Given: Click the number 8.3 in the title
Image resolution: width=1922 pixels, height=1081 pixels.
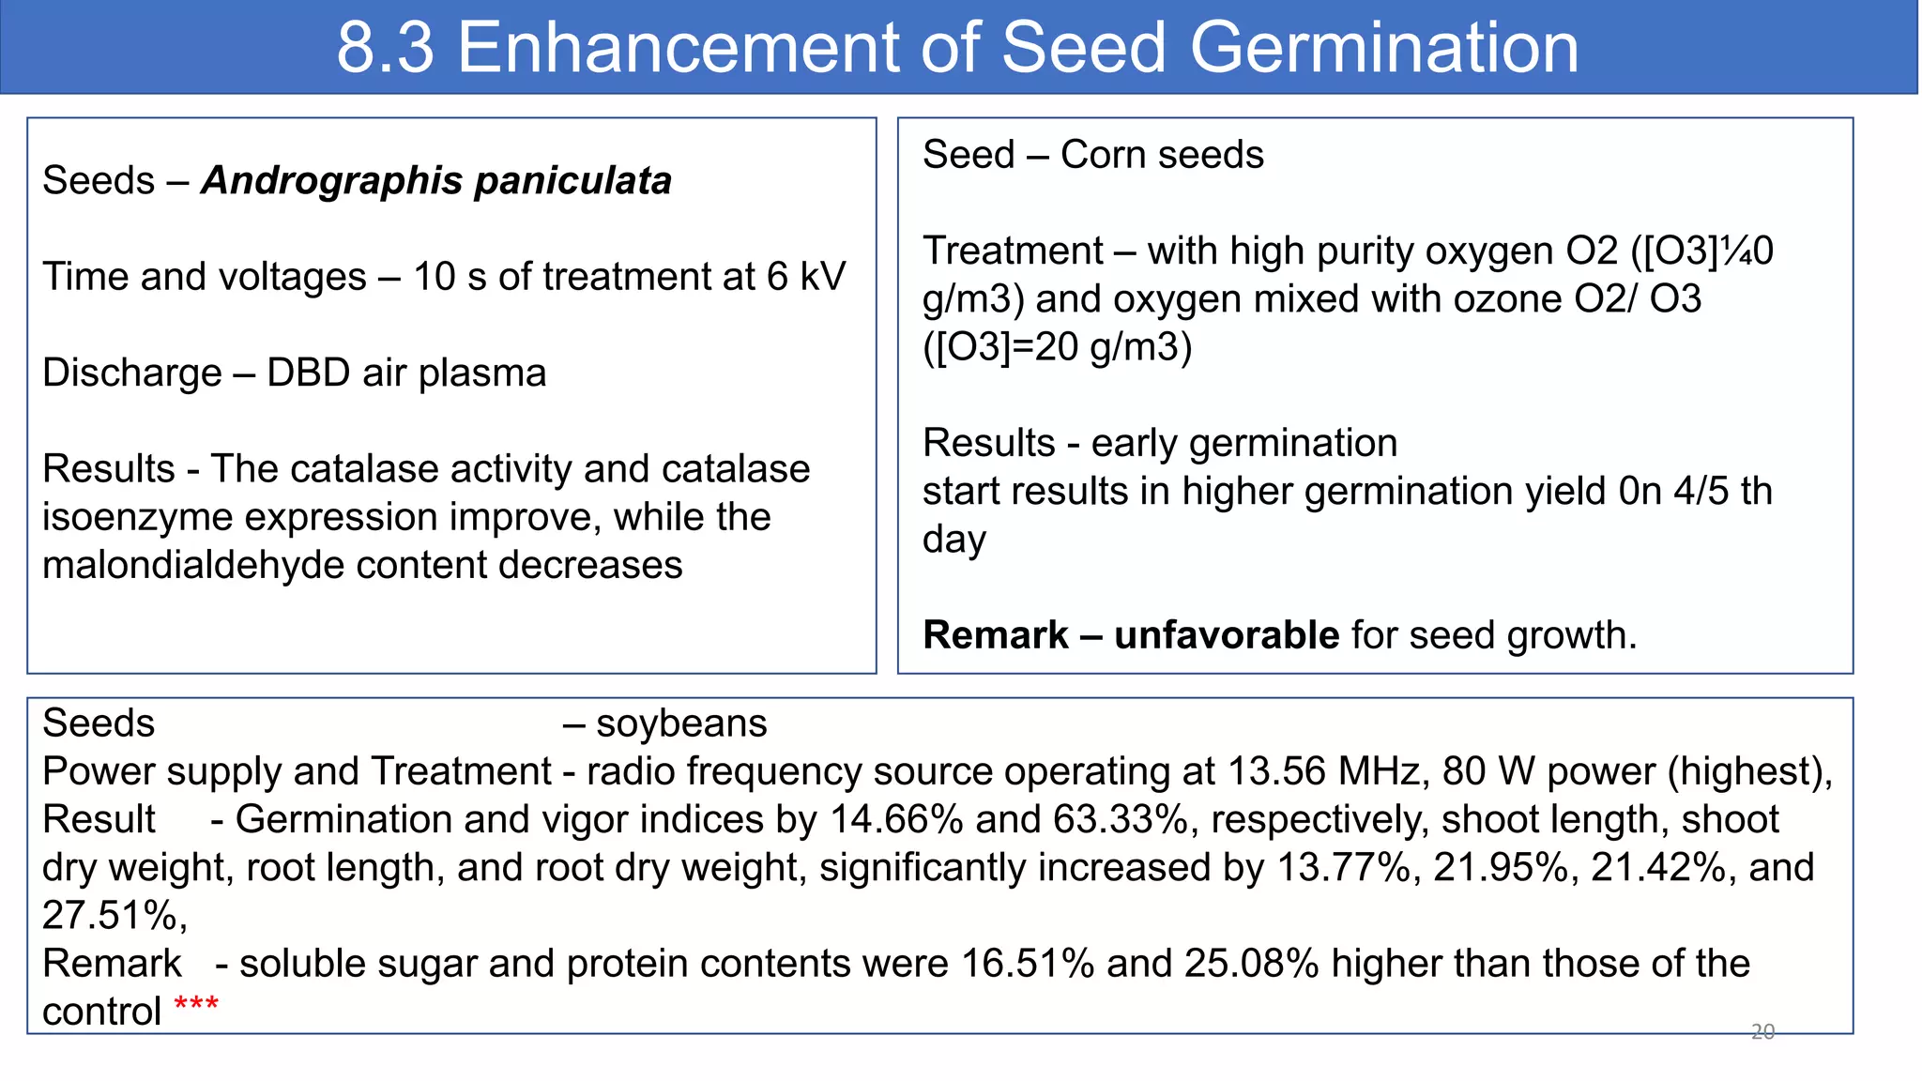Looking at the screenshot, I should coord(385,48).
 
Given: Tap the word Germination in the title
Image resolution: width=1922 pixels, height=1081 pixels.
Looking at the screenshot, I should coord(1384,48).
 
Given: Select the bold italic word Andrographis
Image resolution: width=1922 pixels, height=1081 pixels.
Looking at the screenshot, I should coord(332,180).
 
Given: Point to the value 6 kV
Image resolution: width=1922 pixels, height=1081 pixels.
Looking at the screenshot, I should coord(806,277).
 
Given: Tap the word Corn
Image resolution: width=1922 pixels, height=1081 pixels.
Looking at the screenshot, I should coord(1101,155).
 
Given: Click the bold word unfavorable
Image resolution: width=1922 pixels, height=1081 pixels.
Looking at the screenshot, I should coord(1227,635).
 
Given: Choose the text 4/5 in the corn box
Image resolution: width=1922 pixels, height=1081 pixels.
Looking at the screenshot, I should coord(1701,491).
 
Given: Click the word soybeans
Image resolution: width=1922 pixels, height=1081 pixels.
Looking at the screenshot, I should coord(681,723).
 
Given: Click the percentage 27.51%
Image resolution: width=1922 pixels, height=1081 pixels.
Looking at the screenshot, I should coord(114,916).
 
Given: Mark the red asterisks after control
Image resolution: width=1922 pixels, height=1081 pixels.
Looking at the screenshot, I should coord(196,1005).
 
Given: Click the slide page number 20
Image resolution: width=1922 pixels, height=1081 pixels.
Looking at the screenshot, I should coord(1762,1032).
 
